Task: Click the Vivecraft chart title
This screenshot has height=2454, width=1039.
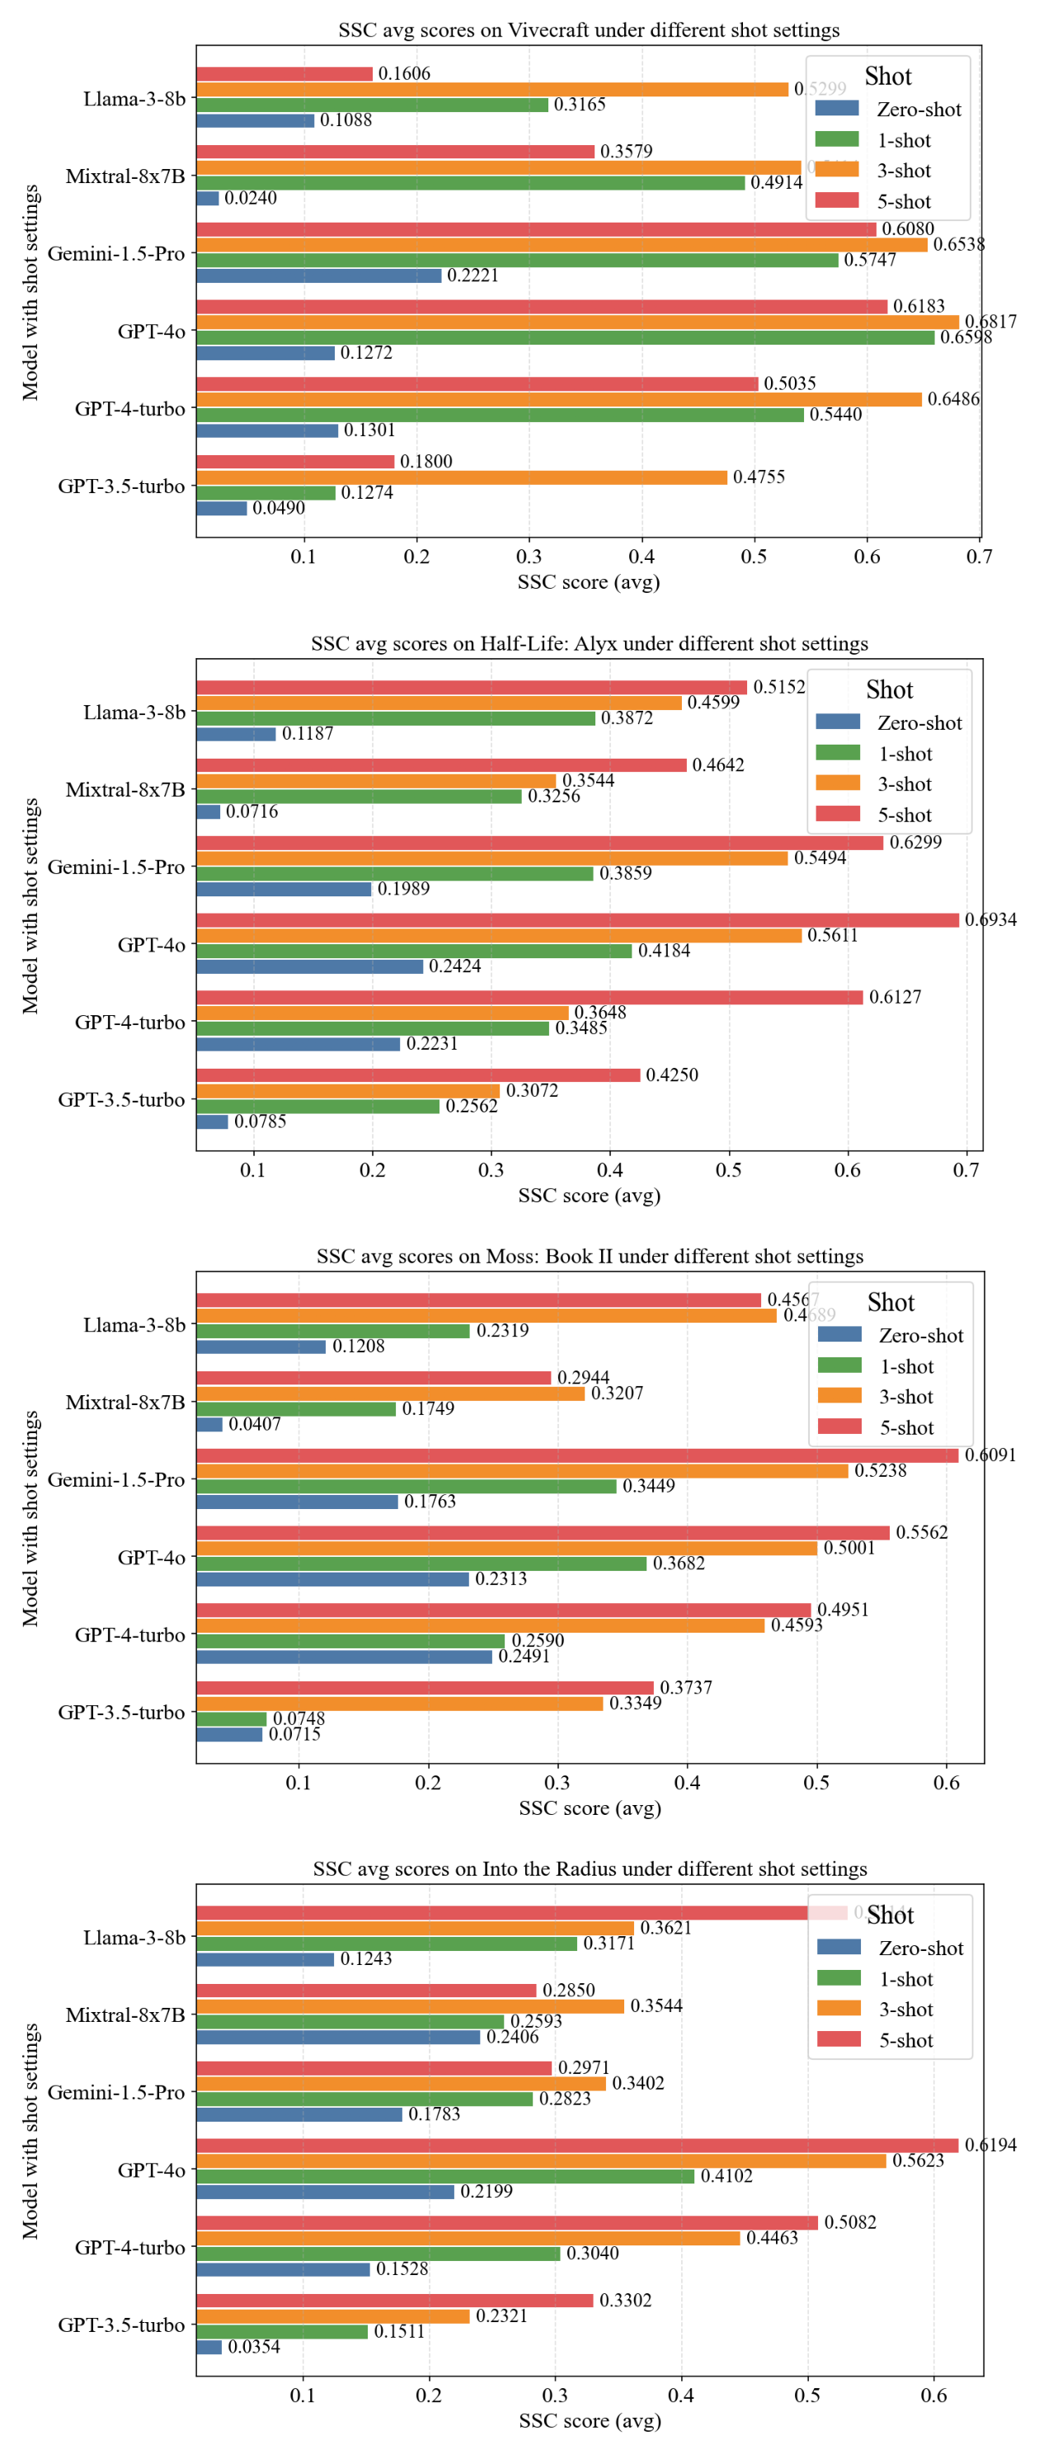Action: pos(589,30)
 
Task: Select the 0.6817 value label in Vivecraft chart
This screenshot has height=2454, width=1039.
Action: pos(990,322)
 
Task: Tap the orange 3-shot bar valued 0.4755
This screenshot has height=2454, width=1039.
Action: pos(462,477)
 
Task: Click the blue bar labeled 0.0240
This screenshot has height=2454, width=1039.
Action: pos(208,198)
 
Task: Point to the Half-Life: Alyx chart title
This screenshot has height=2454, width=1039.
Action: pos(589,643)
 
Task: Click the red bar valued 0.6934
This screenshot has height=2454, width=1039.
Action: pos(577,920)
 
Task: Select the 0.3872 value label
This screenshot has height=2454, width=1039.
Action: pos(627,718)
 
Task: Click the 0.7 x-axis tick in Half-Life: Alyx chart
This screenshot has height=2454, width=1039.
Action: pos(966,1170)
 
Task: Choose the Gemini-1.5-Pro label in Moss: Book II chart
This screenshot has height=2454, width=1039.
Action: pos(116,1479)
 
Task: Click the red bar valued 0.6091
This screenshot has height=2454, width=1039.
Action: pos(577,1455)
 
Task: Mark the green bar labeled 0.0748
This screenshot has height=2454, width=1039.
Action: pos(232,1718)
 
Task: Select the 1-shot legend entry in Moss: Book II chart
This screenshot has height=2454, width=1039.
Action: pos(905,1366)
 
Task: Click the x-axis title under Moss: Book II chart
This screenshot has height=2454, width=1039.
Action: pos(590,1808)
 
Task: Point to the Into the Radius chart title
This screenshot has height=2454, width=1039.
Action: pos(590,1869)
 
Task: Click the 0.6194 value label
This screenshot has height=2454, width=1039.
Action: pos(990,2145)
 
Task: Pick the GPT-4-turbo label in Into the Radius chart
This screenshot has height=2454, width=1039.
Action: pos(129,2247)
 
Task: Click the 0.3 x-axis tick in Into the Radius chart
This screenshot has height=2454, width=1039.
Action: pos(555,2395)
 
